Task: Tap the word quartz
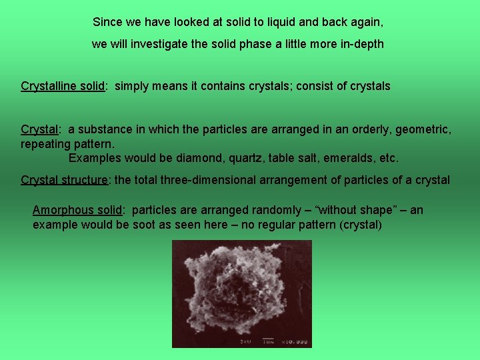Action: [247, 158]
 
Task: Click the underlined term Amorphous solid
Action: [77, 210]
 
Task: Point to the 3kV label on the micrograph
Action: [246, 341]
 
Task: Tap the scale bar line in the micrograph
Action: [267, 338]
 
